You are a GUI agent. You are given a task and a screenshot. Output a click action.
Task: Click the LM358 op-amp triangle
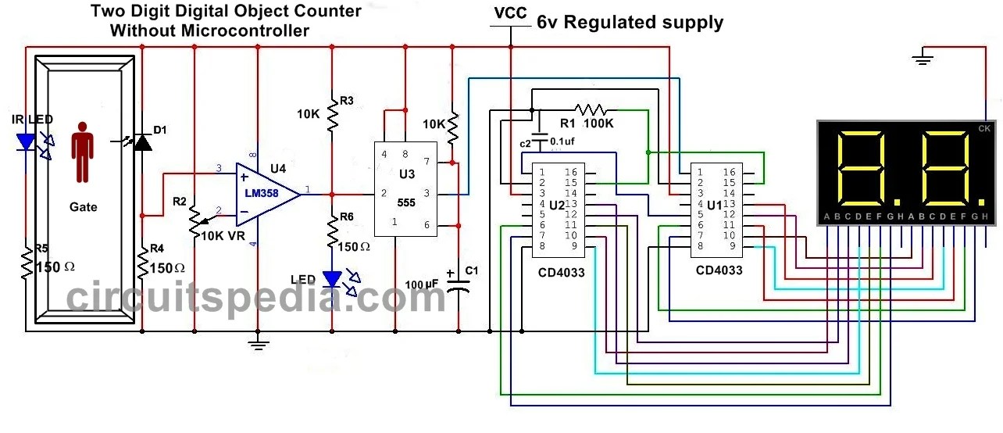[266, 192]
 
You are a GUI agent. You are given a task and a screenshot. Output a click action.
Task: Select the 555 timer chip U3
[405, 189]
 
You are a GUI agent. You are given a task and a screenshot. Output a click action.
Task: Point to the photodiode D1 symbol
[141, 142]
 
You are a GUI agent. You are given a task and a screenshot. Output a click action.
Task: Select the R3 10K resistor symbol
[332, 114]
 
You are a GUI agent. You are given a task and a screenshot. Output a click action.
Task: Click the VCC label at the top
[510, 14]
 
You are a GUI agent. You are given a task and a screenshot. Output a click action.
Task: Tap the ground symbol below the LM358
[258, 342]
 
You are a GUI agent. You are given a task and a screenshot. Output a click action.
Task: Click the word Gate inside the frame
[83, 207]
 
